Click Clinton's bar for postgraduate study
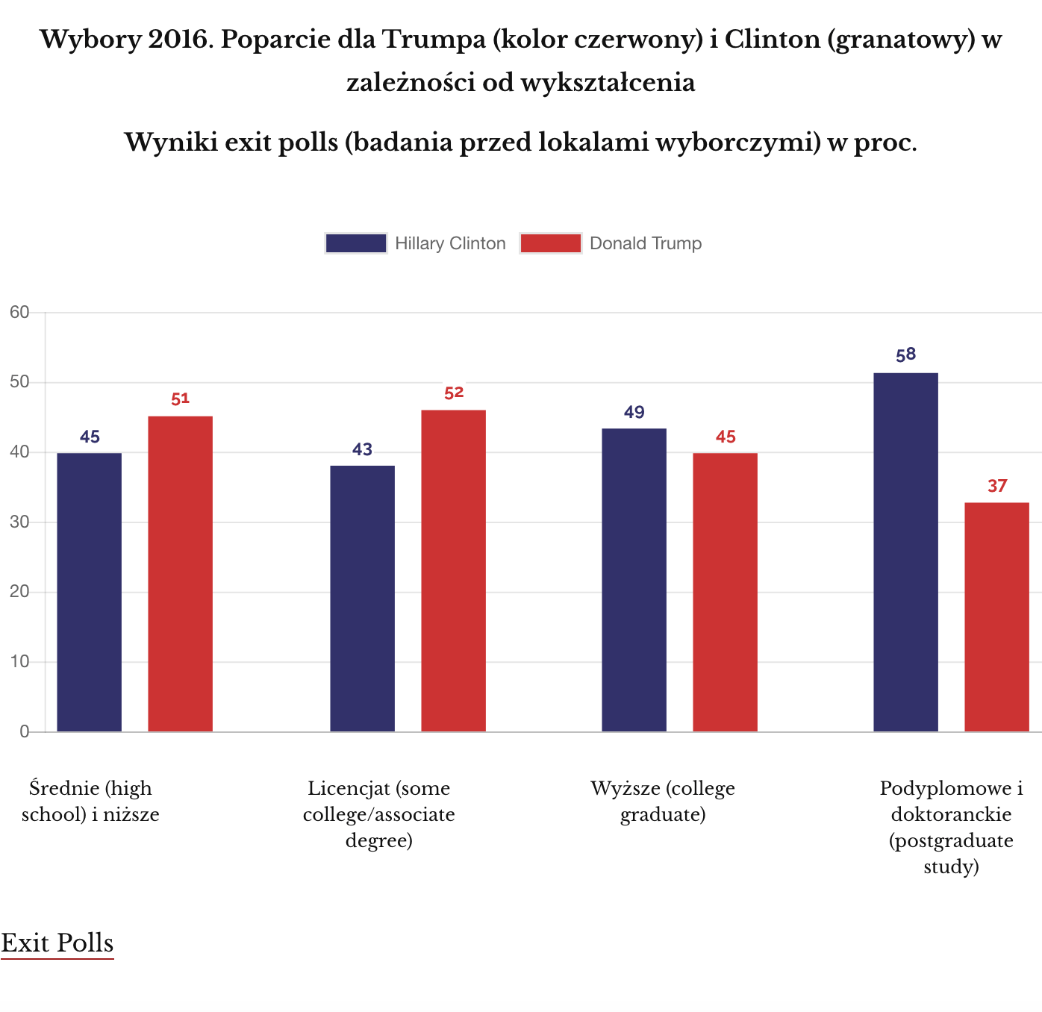[x=905, y=552]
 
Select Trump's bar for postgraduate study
[x=996, y=617]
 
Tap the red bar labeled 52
[x=453, y=571]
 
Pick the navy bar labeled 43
[x=362, y=599]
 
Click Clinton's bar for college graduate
[x=634, y=580]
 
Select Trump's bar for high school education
[x=180, y=574]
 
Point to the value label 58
[x=905, y=355]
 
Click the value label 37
[x=997, y=487]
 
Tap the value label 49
[x=634, y=413]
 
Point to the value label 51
[x=180, y=399]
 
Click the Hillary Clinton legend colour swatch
[x=356, y=243]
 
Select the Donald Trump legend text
[x=646, y=243]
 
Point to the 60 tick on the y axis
[x=19, y=313]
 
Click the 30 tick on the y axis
[x=19, y=522]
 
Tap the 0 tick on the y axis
[x=25, y=732]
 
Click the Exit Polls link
[x=57, y=943]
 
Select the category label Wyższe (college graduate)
[x=663, y=801]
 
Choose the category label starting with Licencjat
[x=379, y=814]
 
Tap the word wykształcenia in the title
[x=608, y=82]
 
